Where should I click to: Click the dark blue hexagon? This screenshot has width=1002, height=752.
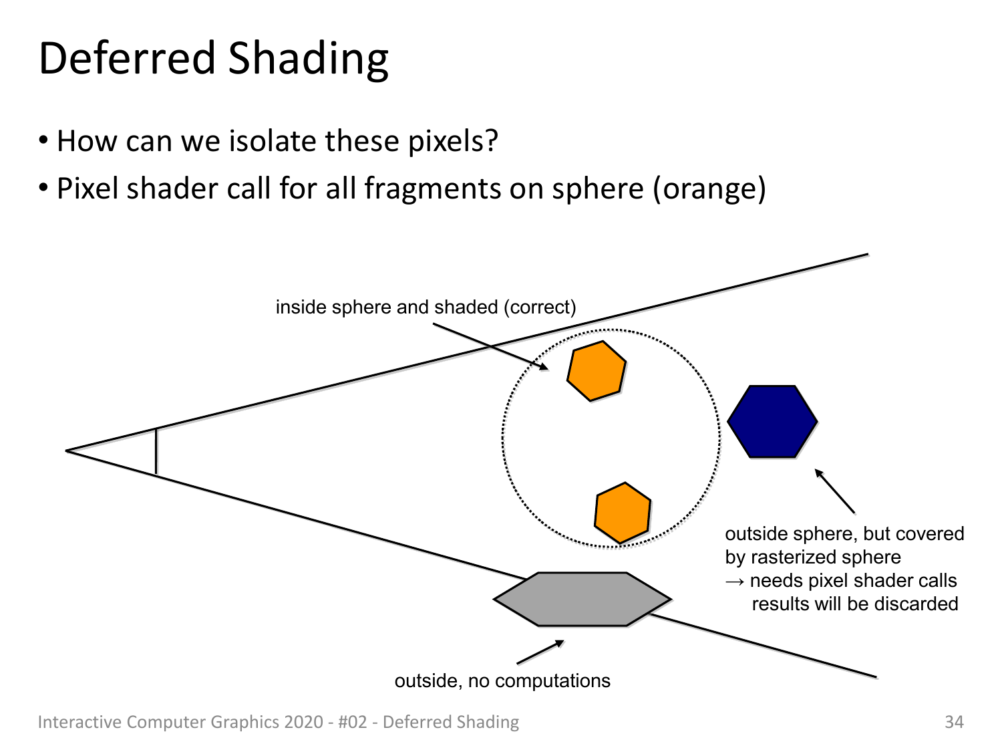point(772,421)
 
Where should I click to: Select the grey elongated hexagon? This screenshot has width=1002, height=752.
point(582,599)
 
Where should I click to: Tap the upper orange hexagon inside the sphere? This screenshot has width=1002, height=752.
point(596,371)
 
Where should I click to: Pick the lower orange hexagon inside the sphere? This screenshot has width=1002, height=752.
point(623,513)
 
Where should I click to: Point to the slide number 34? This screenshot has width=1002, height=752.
point(954,722)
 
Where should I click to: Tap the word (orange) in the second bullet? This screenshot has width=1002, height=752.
point(709,189)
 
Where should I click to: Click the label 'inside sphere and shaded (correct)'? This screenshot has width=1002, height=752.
point(426,307)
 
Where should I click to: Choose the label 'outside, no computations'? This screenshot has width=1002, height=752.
point(502,680)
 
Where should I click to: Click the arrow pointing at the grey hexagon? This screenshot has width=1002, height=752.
point(540,652)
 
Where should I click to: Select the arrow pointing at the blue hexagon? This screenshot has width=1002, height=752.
point(835,491)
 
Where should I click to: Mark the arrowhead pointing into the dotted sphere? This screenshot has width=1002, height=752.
point(542,366)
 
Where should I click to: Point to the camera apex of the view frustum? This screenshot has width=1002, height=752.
point(66,451)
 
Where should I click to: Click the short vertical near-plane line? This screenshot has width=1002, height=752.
point(156,452)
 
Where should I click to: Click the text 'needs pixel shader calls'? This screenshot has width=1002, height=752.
point(853,581)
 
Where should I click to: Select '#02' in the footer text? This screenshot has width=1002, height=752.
point(353,722)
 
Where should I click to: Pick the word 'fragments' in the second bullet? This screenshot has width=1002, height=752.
point(432,189)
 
